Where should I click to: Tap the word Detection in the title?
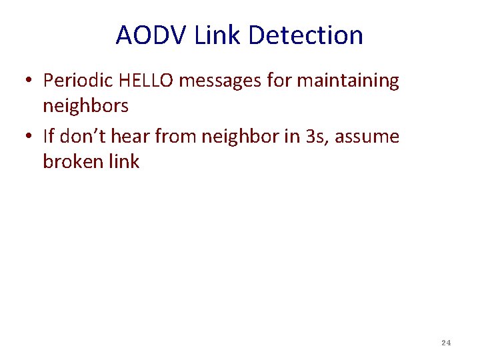[305, 35]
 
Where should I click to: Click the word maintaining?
[347, 81]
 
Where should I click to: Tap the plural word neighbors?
[85, 105]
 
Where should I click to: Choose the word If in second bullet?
[49, 137]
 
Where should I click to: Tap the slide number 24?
[446, 343]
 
